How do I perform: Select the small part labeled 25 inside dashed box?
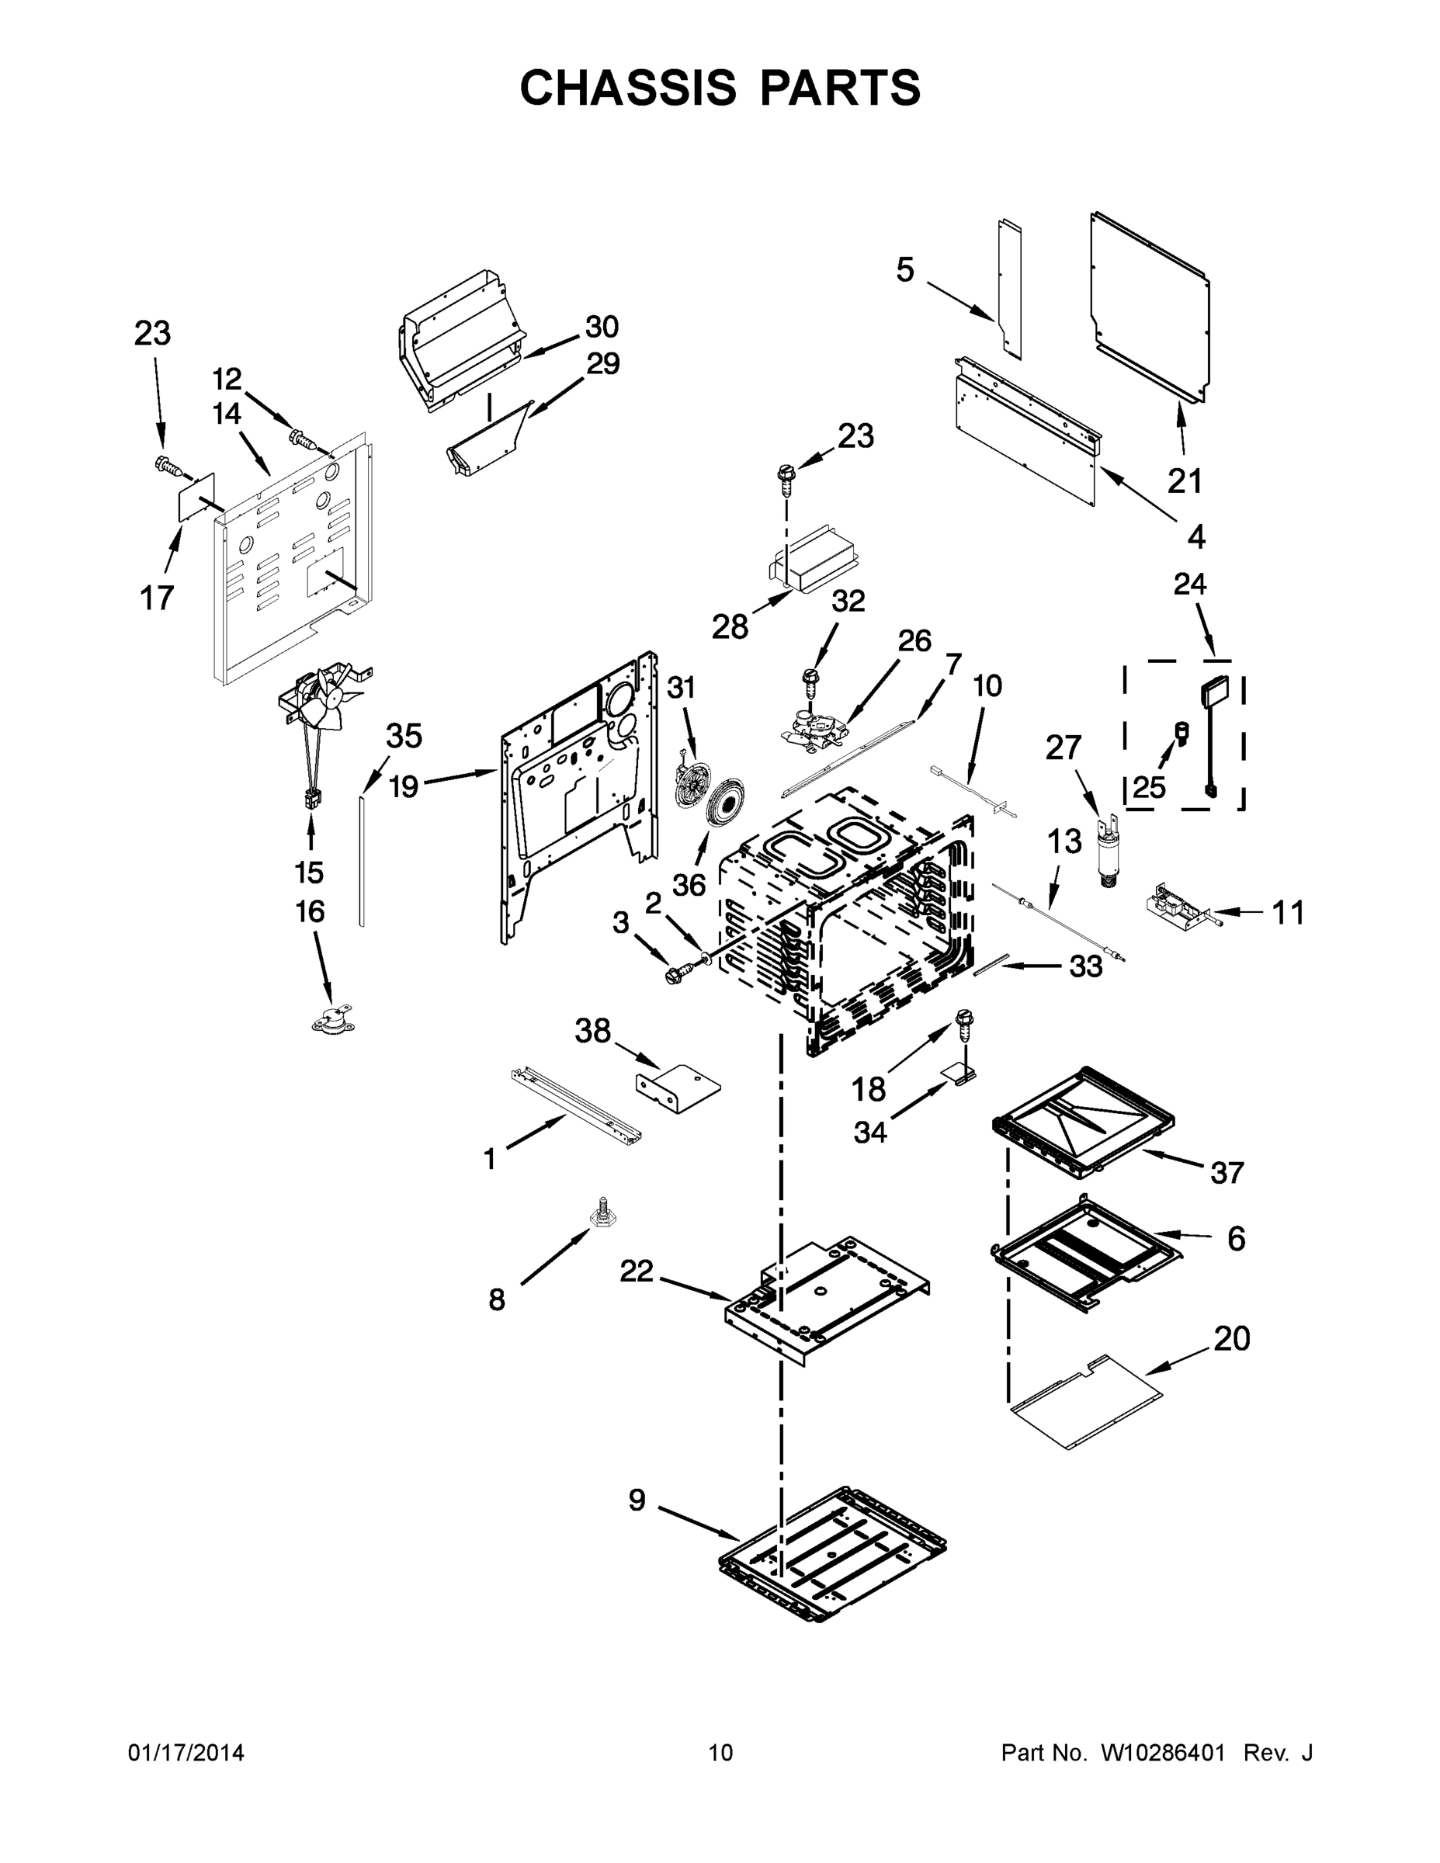(1182, 731)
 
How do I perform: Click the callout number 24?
(1189, 585)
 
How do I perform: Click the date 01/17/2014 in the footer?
(186, 1752)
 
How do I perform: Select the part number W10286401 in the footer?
(1162, 1752)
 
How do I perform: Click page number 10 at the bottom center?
(720, 1752)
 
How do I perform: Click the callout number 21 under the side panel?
(1184, 481)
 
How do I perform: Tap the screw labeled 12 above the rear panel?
(301, 439)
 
